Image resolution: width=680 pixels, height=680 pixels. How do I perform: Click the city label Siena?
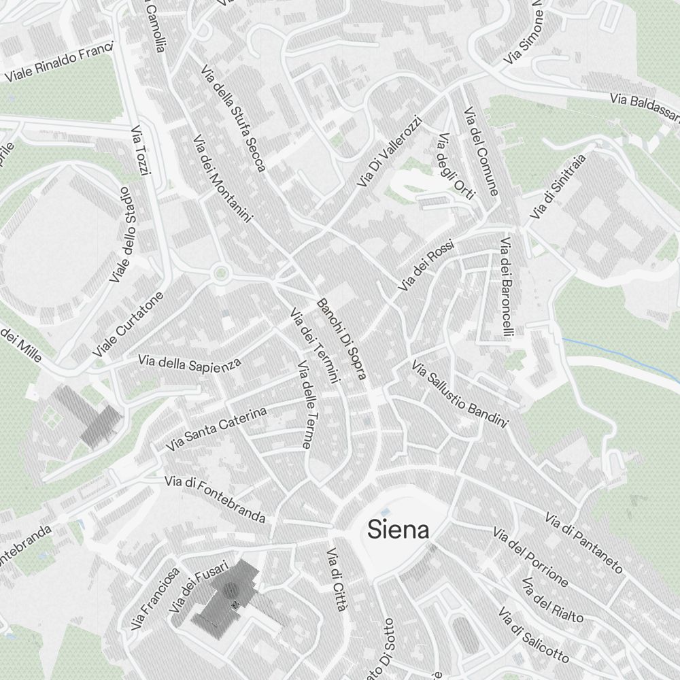(x=398, y=530)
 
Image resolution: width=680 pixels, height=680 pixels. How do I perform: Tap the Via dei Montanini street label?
(x=222, y=178)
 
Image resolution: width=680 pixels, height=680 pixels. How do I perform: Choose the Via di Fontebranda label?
(x=215, y=499)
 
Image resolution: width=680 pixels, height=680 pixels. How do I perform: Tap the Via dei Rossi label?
(x=425, y=267)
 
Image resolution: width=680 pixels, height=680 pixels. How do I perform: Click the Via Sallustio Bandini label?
(x=460, y=394)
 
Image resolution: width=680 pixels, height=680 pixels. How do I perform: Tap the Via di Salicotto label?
(x=533, y=635)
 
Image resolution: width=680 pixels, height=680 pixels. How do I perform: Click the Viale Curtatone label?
(x=128, y=326)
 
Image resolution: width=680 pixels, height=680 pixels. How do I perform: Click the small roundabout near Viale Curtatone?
(x=220, y=275)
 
